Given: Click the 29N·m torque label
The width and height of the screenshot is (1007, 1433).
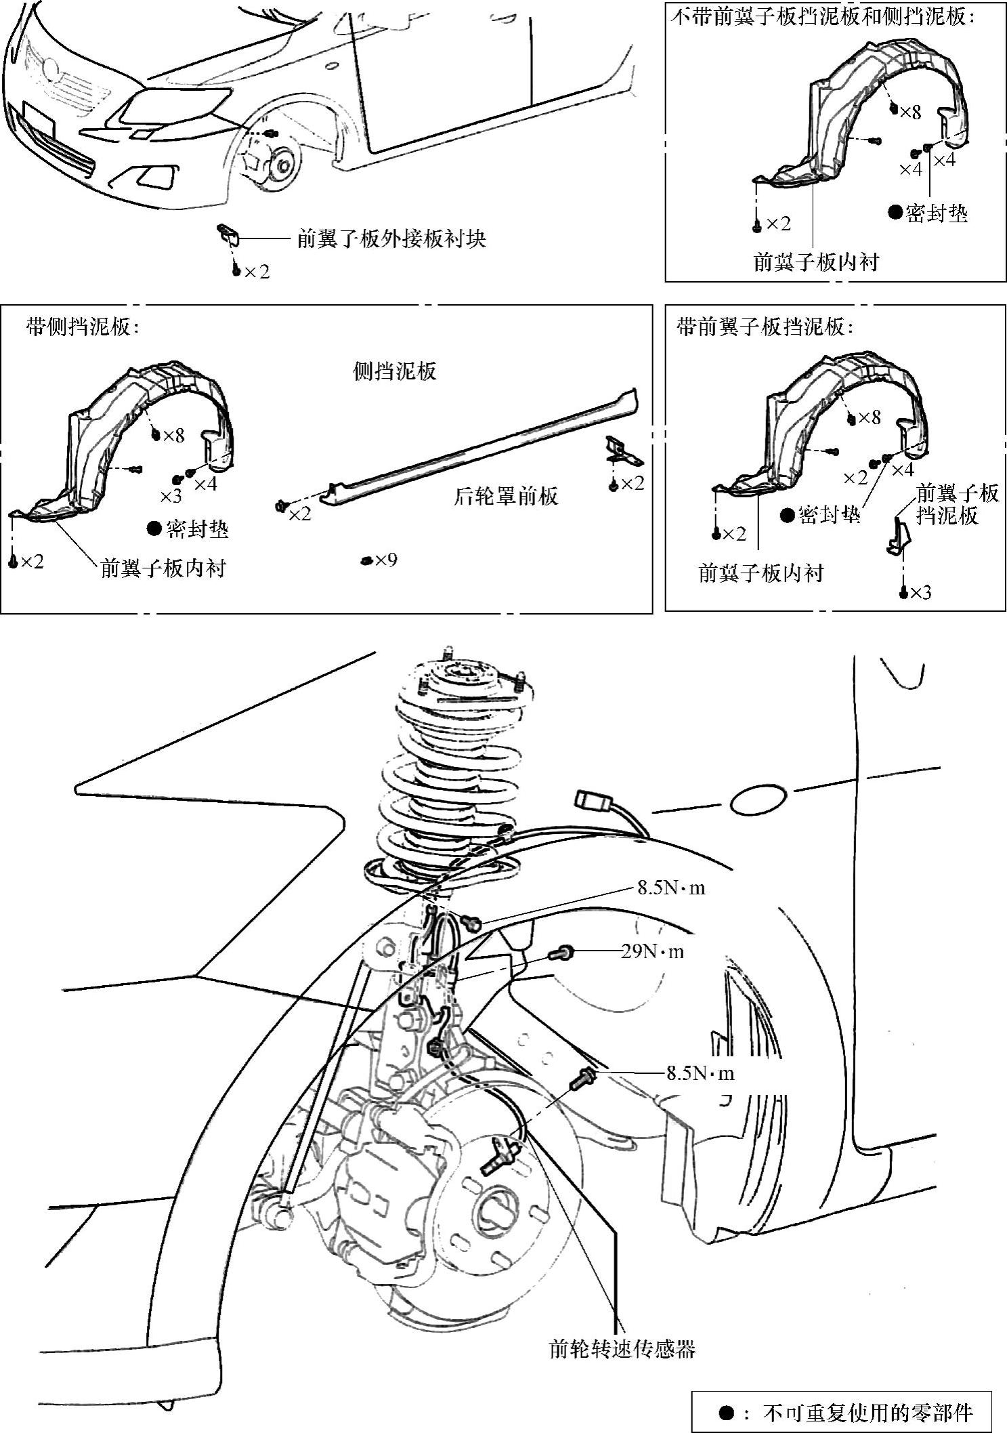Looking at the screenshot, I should click(x=652, y=952).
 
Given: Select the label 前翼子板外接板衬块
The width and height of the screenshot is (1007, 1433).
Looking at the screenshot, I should click(x=391, y=238).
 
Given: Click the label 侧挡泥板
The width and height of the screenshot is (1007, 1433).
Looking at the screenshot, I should click(x=395, y=371).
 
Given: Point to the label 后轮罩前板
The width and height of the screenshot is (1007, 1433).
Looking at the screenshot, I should click(x=505, y=496).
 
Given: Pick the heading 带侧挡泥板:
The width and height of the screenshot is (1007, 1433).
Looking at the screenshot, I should click(x=82, y=327).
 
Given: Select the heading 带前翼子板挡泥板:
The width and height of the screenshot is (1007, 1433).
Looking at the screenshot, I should click(x=765, y=327).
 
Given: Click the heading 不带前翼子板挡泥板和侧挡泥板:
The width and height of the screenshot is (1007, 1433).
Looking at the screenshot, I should click(x=823, y=17).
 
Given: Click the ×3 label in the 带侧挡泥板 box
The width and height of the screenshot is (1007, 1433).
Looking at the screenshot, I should click(x=171, y=495).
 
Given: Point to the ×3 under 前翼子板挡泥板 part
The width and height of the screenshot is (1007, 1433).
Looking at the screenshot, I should click(x=920, y=592).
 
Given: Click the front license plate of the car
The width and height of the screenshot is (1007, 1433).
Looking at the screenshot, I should click(x=38, y=117).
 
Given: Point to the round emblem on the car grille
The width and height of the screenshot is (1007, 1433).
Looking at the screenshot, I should click(x=49, y=68).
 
